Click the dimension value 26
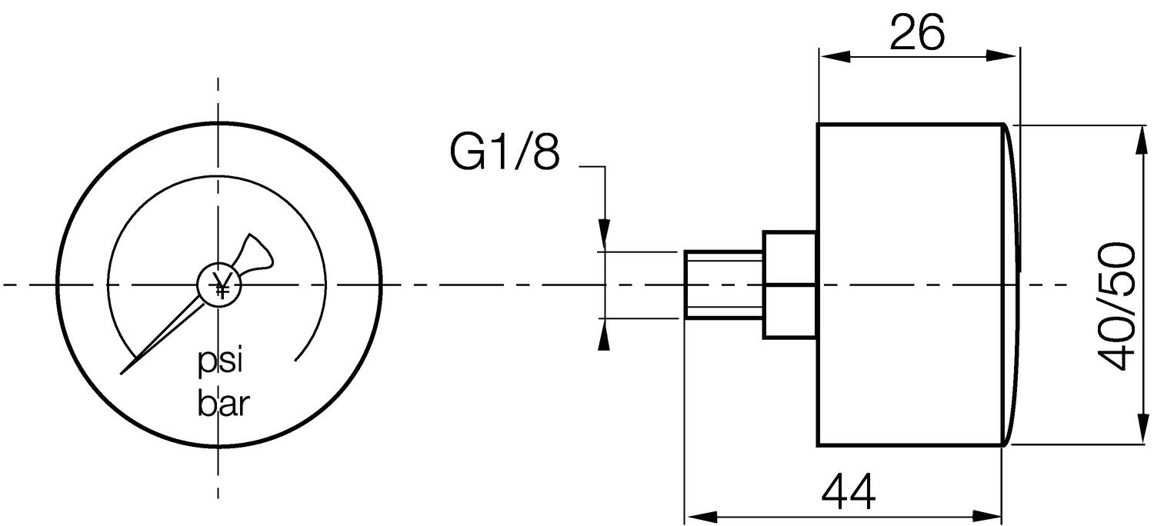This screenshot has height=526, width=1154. click(917, 33)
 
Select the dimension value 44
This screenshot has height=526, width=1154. click(848, 493)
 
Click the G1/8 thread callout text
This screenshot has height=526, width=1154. click(504, 154)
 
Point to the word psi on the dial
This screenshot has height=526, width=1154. click(221, 361)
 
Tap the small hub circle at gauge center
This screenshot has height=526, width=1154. click(220, 285)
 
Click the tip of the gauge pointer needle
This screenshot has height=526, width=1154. click(123, 373)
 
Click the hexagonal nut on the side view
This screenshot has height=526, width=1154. click(789, 285)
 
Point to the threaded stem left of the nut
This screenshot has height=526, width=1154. click(723, 285)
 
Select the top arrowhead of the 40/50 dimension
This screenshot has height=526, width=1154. click(1137, 138)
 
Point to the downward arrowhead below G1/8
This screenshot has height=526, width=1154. click(605, 235)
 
